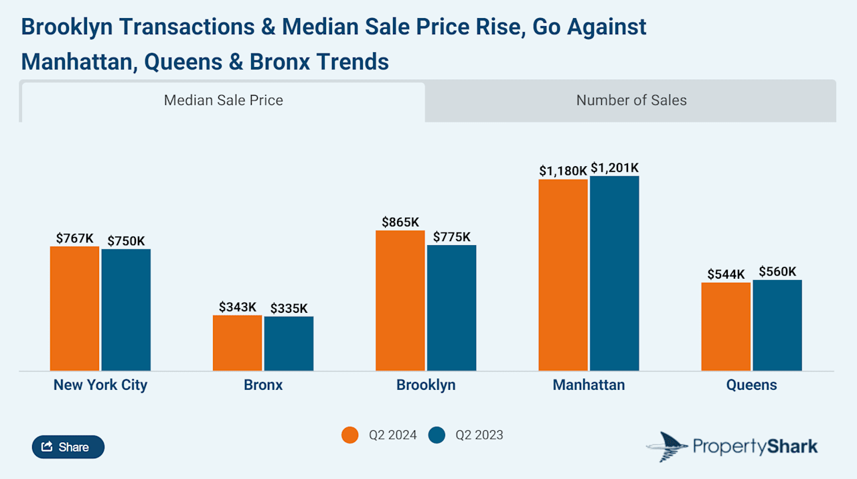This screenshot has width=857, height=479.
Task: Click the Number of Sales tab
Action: (x=631, y=100)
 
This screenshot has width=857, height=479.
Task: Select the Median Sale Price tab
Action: (x=223, y=100)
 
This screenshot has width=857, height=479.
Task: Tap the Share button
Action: (x=68, y=447)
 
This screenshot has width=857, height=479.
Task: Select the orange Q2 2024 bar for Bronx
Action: (x=237, y=342)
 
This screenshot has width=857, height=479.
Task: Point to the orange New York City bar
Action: (x=74, y=308)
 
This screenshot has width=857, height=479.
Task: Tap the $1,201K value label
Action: (x=615, y=167)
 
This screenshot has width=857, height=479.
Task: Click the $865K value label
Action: (x=400, y=222)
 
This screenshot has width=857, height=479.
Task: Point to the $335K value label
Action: (x=289, y=308)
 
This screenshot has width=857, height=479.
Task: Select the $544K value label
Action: (x=726, y=274)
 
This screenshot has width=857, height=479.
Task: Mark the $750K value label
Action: (x=126, y=241)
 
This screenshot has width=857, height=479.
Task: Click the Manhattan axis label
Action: (x=589, y=385)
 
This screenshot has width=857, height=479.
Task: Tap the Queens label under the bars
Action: (x=751, y=385)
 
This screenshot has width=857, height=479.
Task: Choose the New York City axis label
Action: (x=100, y=385)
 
